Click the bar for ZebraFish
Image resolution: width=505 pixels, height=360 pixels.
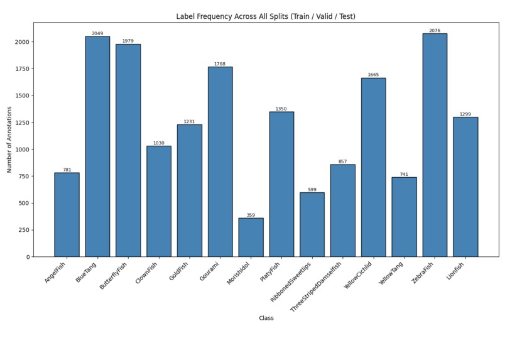tap(435, 145)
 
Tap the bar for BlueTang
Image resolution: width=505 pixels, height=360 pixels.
tap(97, 146)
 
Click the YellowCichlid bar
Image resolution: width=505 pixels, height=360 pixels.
tap(373, 167)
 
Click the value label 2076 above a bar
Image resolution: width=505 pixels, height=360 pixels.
tap(435, 30)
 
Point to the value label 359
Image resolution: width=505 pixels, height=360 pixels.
tap(251, 215)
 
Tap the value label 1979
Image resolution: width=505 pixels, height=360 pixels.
tap(128, 41)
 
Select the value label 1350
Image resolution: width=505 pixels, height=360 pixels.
tap(281, 109)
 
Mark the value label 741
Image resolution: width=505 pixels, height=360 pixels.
tap(404, 174)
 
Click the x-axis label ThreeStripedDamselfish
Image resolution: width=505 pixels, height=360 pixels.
tap(317, 286)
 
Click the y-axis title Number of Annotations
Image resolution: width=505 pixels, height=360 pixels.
tap(9, 139)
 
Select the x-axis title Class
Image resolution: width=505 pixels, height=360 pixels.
tap(266, 318)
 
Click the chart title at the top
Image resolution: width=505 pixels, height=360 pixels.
tap(266, 16)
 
